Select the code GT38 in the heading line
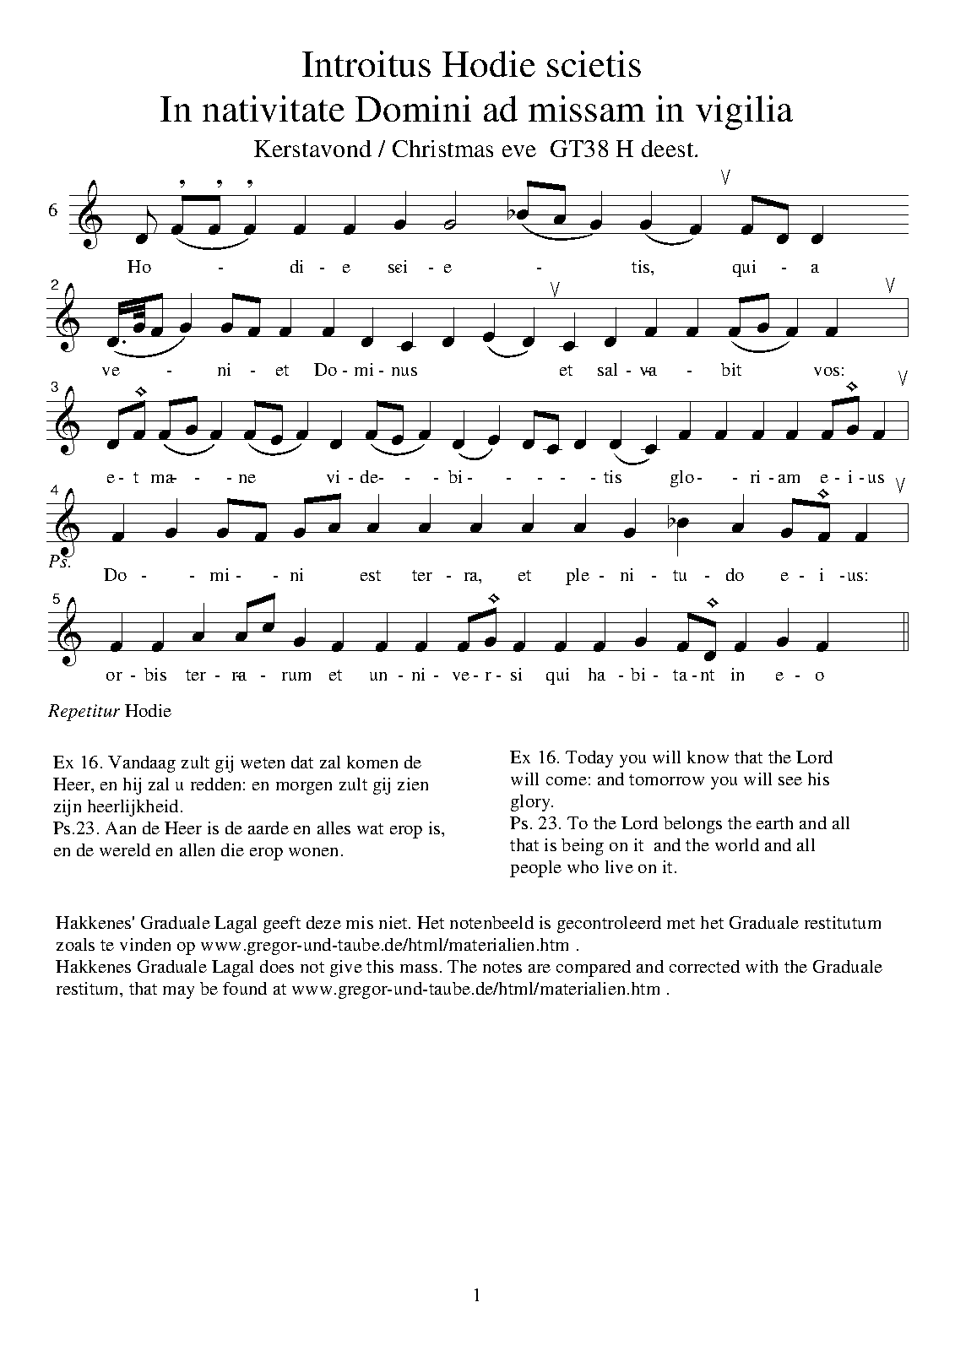tap(579, 149)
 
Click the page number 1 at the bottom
tap(477, 1294)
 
